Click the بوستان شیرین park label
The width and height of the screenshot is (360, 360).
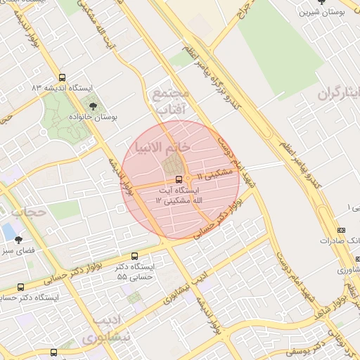[322, 12]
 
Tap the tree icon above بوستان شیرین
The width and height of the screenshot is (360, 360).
[322, 2]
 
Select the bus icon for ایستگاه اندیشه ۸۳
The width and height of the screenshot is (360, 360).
[63, 78]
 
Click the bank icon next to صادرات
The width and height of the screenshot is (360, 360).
[342, 230]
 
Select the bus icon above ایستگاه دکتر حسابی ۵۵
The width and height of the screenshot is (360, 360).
[135, 257]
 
